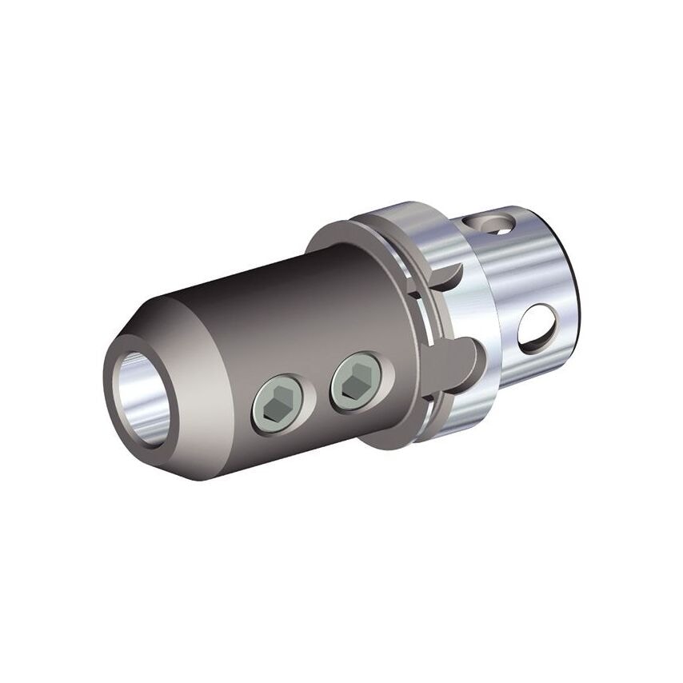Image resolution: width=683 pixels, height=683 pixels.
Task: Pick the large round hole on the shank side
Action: click(x=537, y=327)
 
